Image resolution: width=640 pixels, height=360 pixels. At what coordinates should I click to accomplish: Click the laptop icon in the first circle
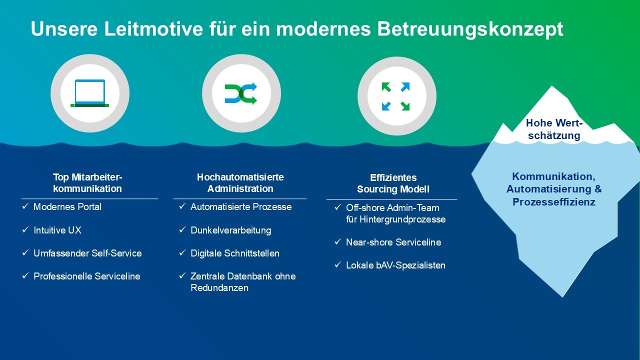pyautogui.click(x=90, y=93)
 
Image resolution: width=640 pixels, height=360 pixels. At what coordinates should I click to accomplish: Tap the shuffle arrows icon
pyautogui.click(x=241, y=93)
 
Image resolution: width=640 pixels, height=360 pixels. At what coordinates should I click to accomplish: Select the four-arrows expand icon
pyautogui.click(x=396, y=96)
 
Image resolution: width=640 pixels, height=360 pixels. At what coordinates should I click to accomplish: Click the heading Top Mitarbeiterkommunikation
pyautogui.click(x=87, y=183)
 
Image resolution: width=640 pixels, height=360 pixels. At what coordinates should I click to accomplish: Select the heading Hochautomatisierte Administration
pyautogui.click(x=240, y=183)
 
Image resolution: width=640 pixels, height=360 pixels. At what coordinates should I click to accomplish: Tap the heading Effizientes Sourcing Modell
pyautogui.click(x=393, y=183)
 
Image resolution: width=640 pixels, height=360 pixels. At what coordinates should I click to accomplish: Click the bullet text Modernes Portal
pyautogui.click(x=67, y=207)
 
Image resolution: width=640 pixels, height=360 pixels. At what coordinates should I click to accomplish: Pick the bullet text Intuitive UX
pyautogui.click(x=57, y=230)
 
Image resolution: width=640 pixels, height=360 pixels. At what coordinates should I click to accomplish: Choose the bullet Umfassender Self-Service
pyautogui.click(x=87, y=253)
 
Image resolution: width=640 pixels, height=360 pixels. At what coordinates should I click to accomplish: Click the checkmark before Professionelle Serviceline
pyautogui.click(x=25, y=276)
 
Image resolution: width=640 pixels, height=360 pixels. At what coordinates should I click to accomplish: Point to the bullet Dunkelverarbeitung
pyautogui.click(x=230, y=230)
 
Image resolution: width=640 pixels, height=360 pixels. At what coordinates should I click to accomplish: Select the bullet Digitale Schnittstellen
pyautogui.click(x=234, y=253)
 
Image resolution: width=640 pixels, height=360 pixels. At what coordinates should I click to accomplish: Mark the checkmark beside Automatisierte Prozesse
pyautogui.click(x=182, y=206)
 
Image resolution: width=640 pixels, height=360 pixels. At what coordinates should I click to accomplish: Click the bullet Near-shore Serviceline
pyautogui.click(x=393, y=242)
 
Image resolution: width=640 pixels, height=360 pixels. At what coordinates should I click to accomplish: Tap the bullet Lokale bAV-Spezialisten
pyautogui.click(x=395, y=265)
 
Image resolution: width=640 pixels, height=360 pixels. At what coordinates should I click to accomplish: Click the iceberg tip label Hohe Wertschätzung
pyautogui.click(x=554, y=129)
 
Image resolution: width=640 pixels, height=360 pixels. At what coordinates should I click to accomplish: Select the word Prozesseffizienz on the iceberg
pyautogui.click(x=554, y=202)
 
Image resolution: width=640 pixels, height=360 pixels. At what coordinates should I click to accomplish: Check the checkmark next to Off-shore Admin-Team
pyautogui.click(x=338, y=207)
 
